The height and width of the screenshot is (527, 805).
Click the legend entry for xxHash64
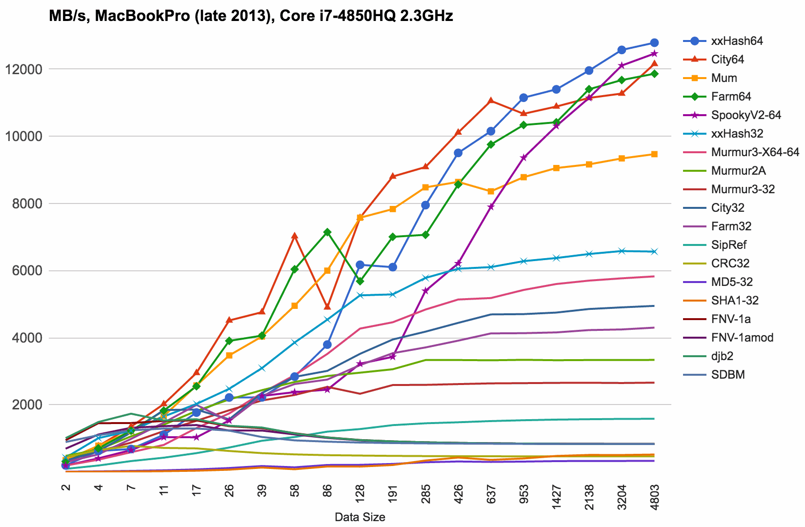737,41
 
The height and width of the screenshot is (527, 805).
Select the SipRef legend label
729,245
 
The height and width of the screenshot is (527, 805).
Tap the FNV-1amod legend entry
742,338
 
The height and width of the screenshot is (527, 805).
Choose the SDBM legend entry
728,375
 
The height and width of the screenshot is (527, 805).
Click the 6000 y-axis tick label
27,271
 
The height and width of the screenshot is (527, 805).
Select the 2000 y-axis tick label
27,405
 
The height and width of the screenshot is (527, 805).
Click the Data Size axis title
360,517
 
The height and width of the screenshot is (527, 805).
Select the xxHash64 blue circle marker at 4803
654,43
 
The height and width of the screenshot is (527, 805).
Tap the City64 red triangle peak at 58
295,236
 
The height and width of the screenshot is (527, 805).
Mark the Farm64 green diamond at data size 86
327,232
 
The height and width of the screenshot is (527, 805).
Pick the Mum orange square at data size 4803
654,154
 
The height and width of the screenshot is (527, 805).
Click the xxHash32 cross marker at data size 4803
654,251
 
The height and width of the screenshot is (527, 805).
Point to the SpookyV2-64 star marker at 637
491,206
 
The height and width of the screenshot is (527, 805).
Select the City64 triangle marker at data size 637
491,101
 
